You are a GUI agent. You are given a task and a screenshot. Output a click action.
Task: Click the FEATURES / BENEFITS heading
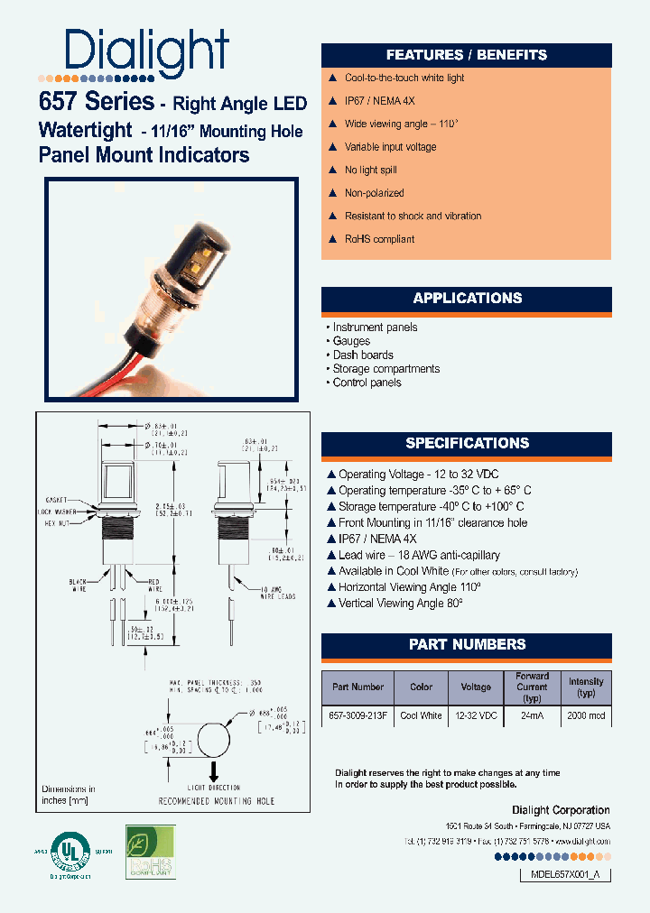click(467, 54)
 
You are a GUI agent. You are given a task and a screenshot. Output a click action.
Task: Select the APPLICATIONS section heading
click(467, 299)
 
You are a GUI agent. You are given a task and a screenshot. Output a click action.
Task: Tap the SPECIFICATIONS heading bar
click(467, 443)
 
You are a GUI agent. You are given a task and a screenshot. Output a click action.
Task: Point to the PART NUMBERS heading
click(467, 644)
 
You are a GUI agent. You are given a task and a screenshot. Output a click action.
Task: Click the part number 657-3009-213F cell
click(357, 715)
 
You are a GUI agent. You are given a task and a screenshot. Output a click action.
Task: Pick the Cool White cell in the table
click(421, 715)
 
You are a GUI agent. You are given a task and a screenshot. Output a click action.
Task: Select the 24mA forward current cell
click(532, 715)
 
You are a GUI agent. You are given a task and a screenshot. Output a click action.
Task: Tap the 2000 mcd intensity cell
click(585, 715)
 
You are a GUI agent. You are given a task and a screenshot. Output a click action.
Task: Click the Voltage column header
click(476, 687)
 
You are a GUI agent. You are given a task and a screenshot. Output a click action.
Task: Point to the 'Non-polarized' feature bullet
click(374, 193)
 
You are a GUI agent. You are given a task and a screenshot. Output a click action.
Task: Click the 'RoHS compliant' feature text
click(379, 239)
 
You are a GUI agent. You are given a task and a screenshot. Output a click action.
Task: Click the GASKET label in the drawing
click(57, 499)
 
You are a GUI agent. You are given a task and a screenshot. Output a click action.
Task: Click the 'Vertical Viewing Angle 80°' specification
click(400, 604)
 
